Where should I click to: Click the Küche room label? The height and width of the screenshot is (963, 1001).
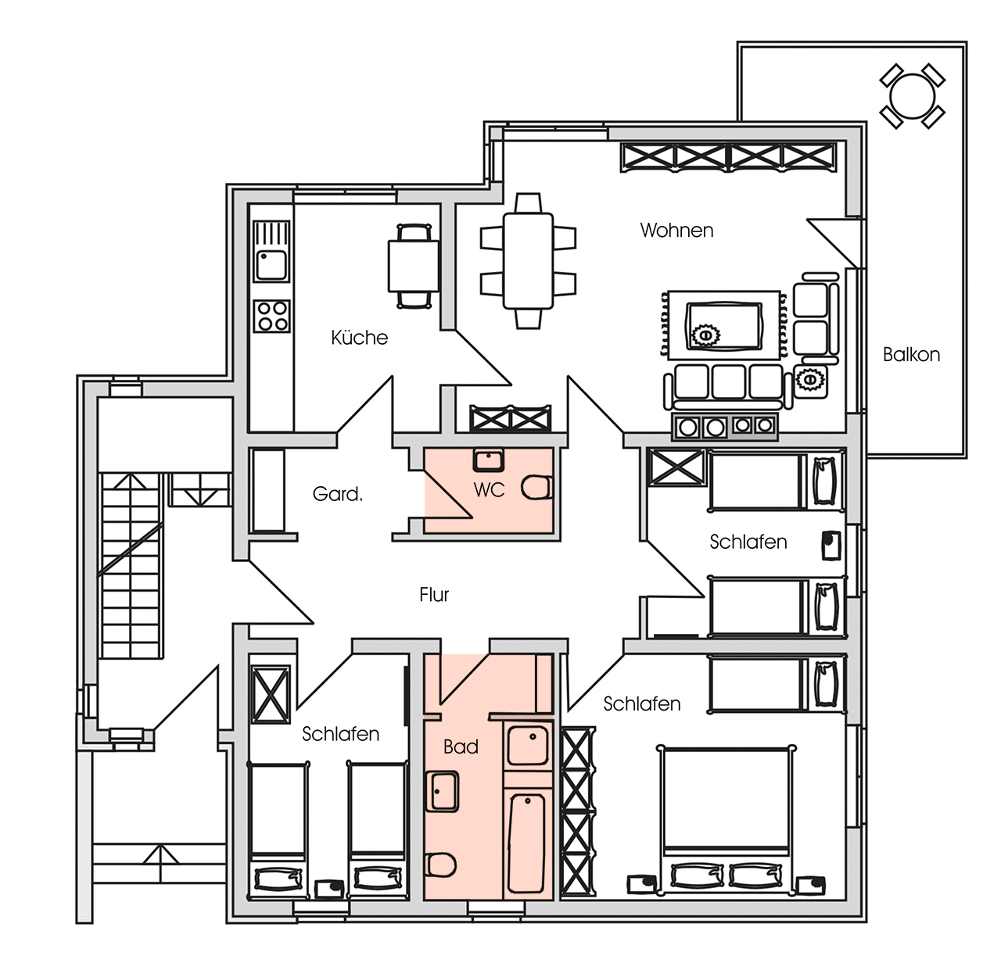point(359,338)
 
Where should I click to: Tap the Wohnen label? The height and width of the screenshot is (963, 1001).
point(676,231)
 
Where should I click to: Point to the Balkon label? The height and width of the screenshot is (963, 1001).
point(911,355)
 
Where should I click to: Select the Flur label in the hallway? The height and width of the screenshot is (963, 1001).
point(433,595)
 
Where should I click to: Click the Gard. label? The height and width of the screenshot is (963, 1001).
point(337,494)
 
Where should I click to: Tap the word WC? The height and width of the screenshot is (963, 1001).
point(489,490)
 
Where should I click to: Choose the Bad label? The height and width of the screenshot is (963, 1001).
point(461,747)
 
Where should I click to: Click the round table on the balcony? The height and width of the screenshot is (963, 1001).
point(912,96)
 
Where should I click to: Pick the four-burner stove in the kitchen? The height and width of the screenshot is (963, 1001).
point(271,316)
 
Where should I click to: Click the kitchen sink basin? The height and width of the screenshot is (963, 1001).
point(271,265)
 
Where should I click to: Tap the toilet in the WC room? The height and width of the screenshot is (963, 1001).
point(537,487)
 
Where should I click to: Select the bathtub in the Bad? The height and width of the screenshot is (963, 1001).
point(526,843)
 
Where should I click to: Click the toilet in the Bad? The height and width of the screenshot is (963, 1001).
point(440,865)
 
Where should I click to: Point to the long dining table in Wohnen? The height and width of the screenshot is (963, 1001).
point(528,261)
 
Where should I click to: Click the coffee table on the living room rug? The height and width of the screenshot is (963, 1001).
point(723,326)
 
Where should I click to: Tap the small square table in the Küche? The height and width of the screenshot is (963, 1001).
point(413,267)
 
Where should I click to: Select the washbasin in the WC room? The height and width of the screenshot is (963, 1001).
point(488,460)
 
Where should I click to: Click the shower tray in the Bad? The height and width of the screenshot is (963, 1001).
point(528,745)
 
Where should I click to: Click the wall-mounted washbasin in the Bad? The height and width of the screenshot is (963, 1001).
point(442,792)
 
